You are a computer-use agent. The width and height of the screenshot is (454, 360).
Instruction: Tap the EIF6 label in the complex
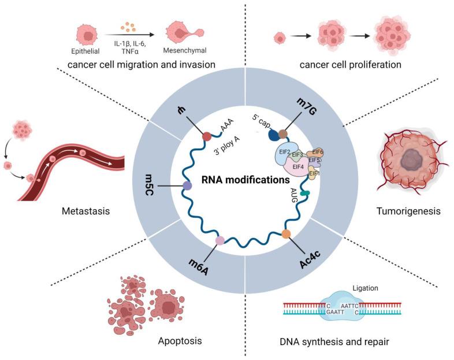pyautogui.click(x=317, y=152)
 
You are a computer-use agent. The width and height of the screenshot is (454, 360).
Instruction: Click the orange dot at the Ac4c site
pyautogui.click(x=286, y=234)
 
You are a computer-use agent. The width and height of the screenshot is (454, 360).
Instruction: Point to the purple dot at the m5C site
pyautogui.click(x=187, y=186)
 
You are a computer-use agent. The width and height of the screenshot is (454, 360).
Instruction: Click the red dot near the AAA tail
pyautogui.click(x=207, y=136)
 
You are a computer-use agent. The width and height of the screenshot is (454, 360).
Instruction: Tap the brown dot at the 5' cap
pyautogui.click(x=283, y=134)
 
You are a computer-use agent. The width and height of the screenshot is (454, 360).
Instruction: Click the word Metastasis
pyautogui.click(x=85, y=211)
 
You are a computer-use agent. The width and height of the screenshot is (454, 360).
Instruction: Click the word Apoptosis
pyautogui.click(x=180, y=340)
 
